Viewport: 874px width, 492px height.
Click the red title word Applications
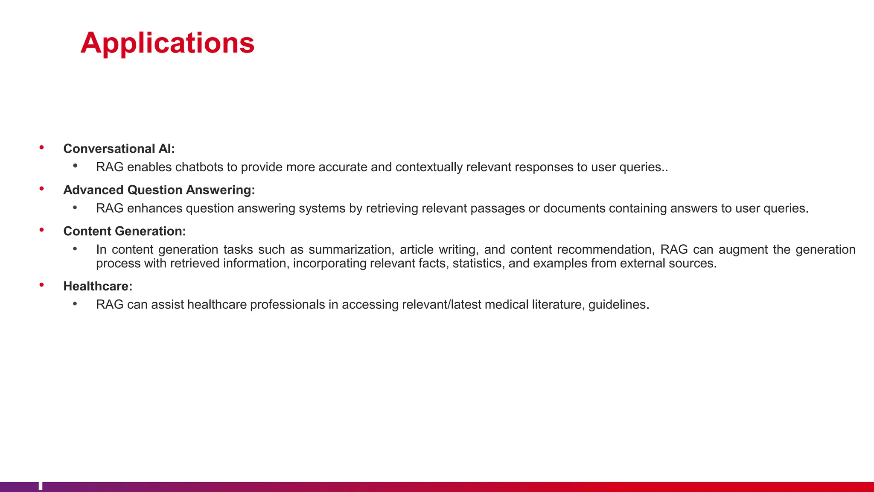[x=167, y=43]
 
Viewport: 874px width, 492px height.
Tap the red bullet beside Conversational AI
[x=42, y=148]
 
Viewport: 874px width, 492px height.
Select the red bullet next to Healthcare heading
[x=42, y=285]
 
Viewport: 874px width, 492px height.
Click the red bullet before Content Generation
[x=42, y=230]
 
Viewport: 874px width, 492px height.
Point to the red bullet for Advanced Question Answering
[x=42, y=189]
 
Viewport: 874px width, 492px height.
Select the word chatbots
[x=199, y=167]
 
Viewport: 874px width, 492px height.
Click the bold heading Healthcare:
[x=98, y=286]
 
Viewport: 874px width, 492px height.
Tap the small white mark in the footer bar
[x=41, y=486]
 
